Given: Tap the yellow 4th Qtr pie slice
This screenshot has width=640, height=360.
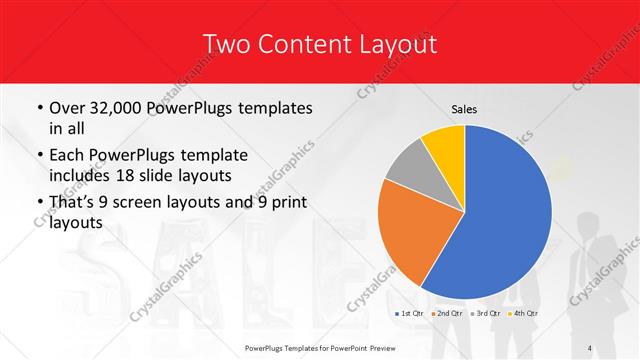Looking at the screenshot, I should click(x=443, y=145).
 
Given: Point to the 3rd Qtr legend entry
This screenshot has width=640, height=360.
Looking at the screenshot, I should click(x=486, y=314).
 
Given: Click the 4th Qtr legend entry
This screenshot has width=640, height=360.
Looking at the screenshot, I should click(x=523, y=314).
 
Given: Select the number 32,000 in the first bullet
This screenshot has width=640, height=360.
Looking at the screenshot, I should click(x=124, y=108).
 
